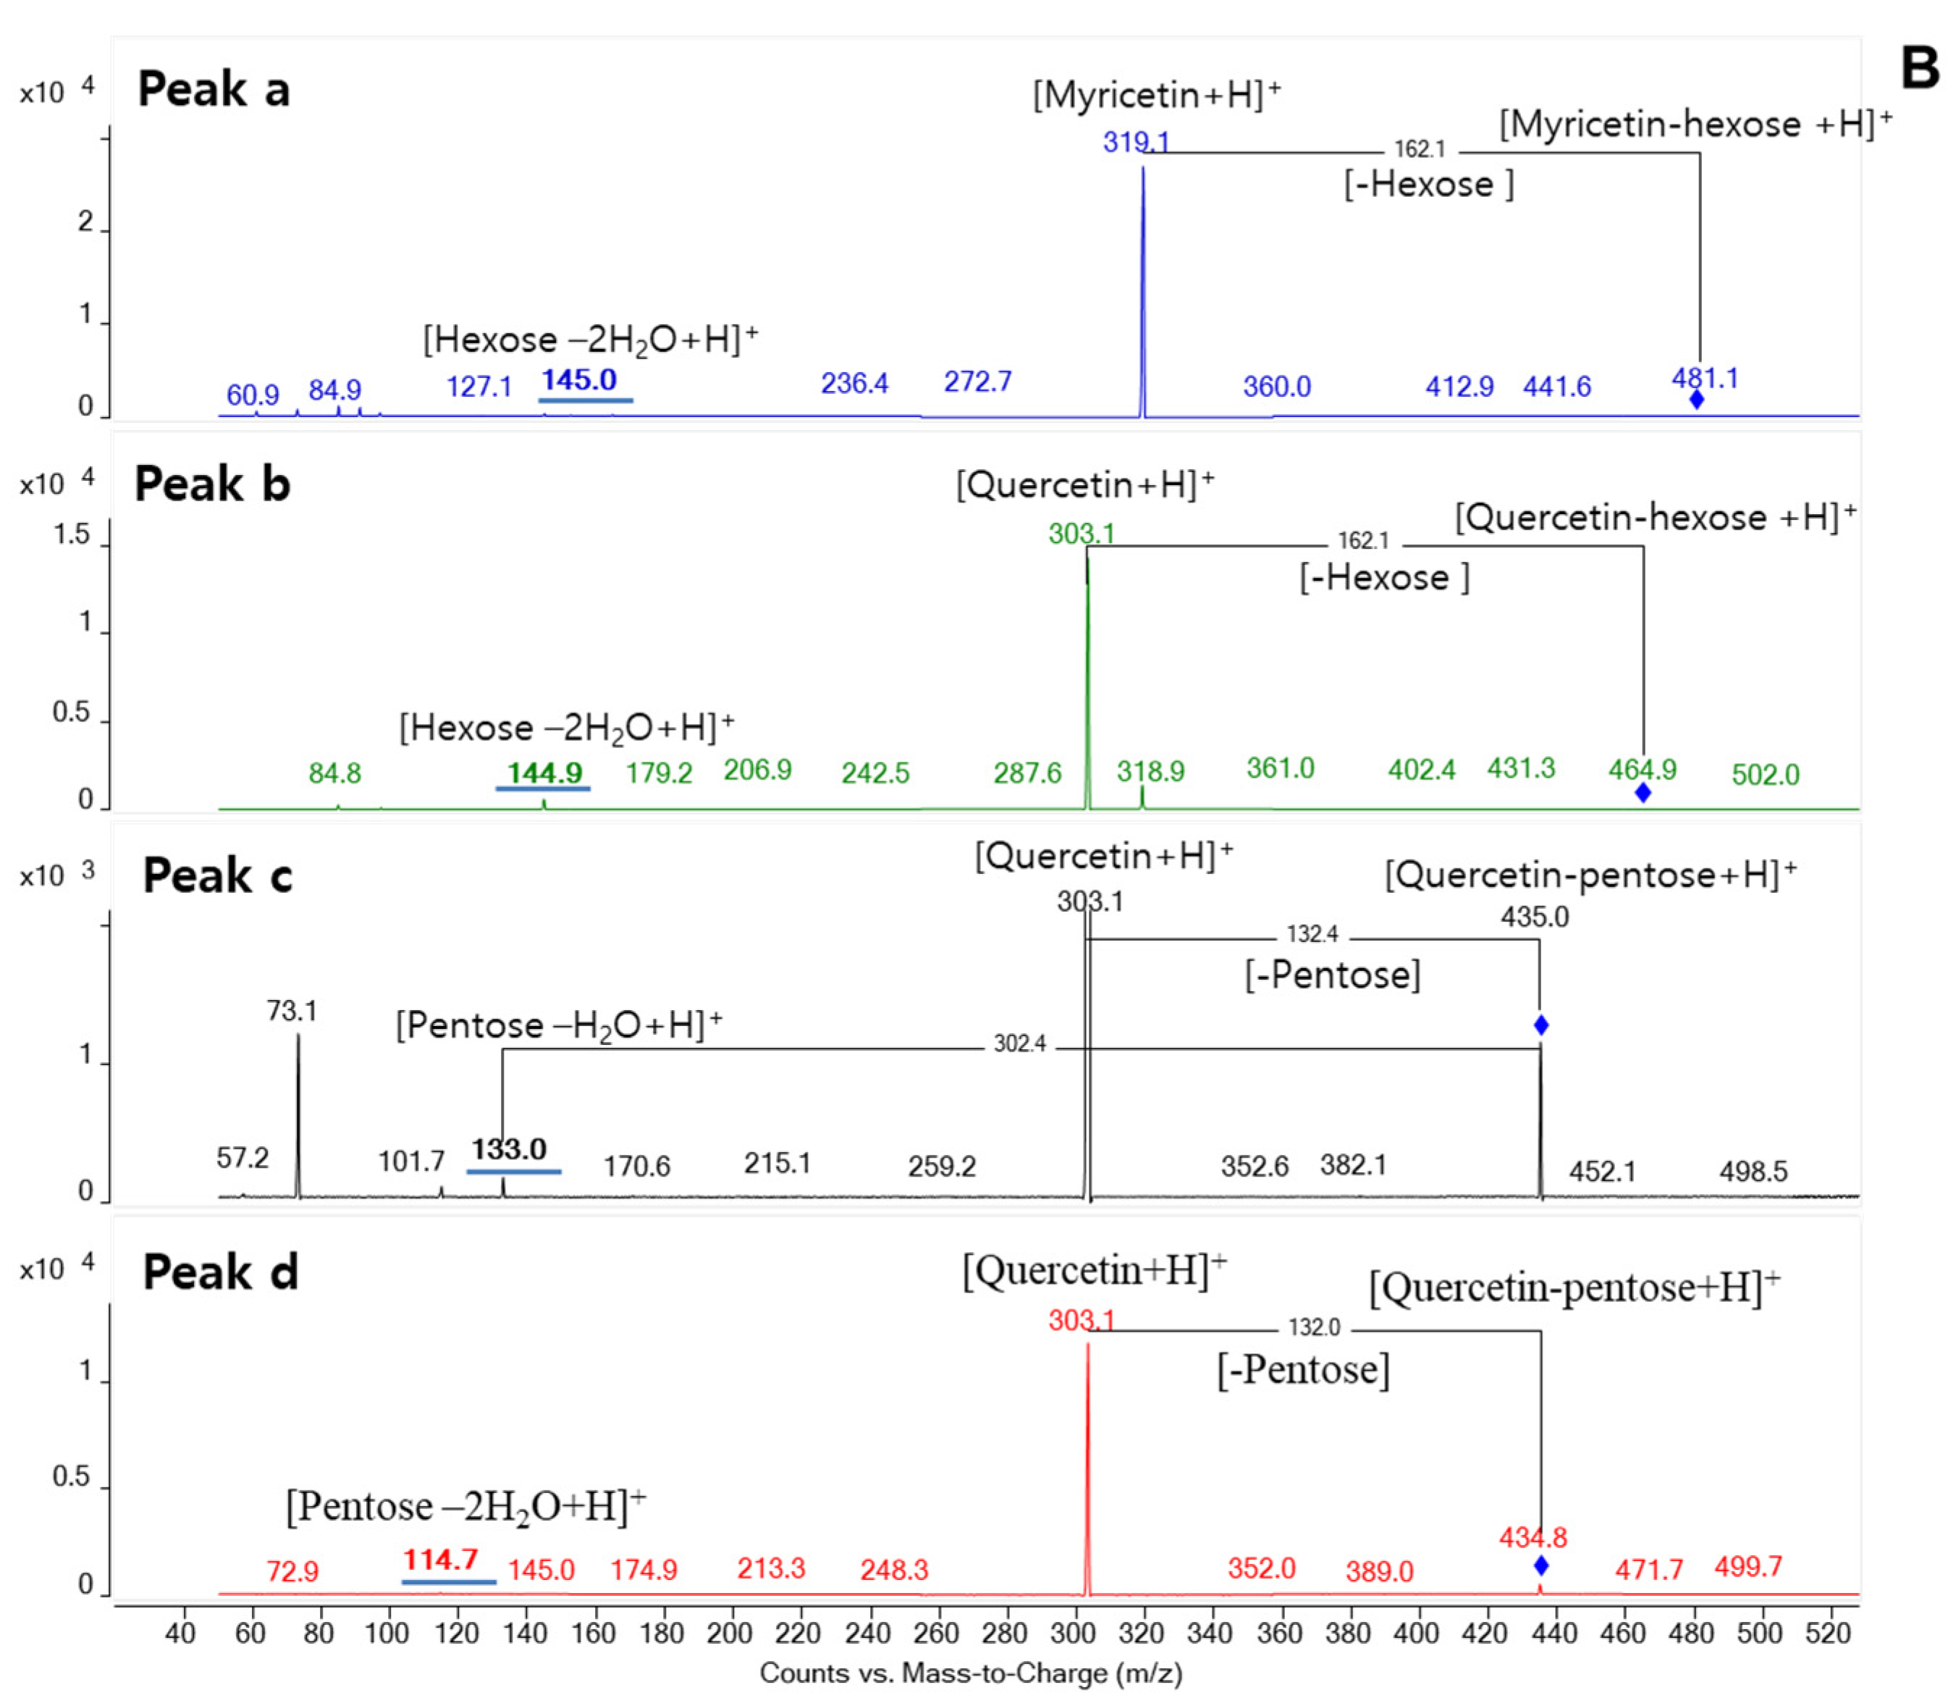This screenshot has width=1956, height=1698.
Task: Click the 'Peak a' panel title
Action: click(x=214, y=90)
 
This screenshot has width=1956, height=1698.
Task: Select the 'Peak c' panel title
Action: click(x=218, y=875)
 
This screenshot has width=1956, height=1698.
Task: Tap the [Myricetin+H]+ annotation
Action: click(x=1155, y=95)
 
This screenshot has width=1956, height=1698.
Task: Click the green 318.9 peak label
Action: click(x=1150, y=771)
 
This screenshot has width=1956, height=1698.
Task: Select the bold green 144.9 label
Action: click(x=544, y=773)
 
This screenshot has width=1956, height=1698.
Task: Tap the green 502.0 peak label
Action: click(x=1765, y=775)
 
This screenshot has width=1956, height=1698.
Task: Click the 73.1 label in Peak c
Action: click(x=292, y=1011)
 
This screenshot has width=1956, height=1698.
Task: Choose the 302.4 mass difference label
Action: click(x=1019, y=1044)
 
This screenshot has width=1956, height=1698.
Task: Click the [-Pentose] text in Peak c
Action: click(x=1332, y=975)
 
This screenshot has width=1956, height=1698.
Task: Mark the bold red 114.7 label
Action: click(x=440, y=1559)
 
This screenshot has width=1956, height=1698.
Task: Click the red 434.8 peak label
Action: click(x=1533, y=1537)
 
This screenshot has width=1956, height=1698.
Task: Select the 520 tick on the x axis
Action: click(x=1828, y=1633)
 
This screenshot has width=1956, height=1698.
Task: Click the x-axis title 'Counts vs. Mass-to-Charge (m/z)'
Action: click(x=971, y=1673)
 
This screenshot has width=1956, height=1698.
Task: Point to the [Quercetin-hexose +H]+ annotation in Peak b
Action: click(x=1655, y=517)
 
